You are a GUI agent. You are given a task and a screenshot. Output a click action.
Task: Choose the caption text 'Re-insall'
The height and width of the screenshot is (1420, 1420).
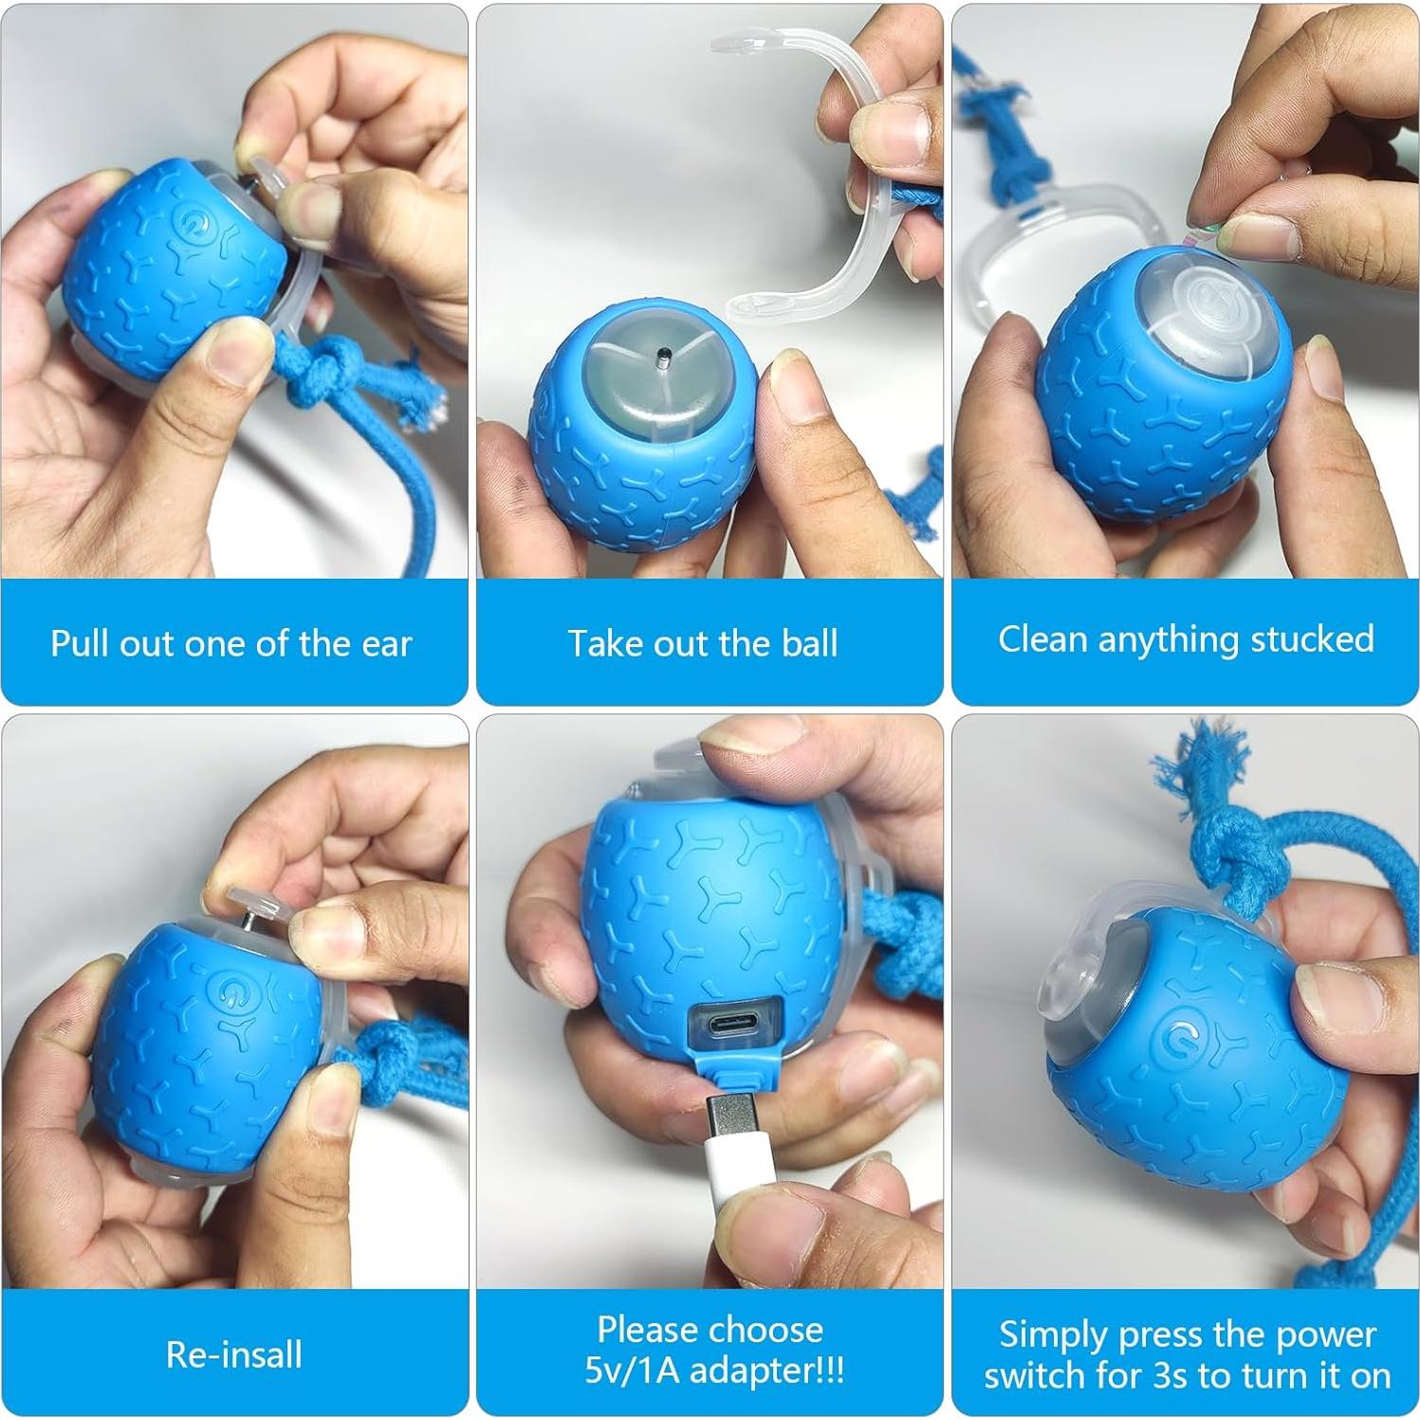click(x=234, y=1355)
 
